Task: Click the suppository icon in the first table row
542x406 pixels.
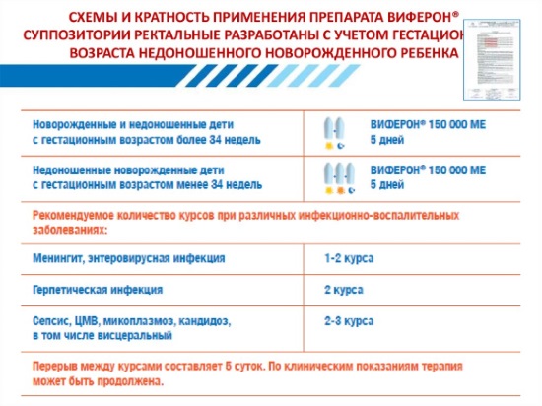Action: (x=336, y=132)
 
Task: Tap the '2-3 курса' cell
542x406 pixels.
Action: (x=349, y=321)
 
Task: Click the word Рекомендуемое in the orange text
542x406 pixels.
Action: (x=78, y=214)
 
